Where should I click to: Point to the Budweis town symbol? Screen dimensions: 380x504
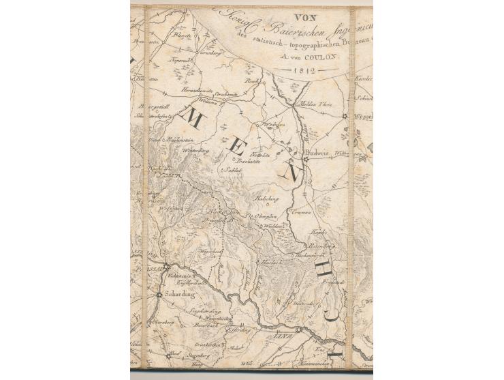coord(306,161)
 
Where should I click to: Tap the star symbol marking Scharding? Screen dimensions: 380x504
coord(159,294)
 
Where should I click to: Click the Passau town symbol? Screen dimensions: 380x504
coord(166,266)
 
